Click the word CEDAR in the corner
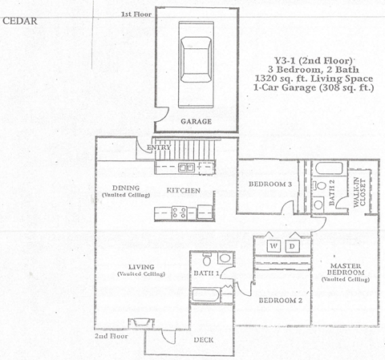17,22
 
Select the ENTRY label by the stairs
157,148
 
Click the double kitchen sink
186,167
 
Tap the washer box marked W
274,245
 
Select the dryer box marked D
293,245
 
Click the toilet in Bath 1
207,260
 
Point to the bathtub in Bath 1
210,294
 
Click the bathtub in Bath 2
327,170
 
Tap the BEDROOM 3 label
267,184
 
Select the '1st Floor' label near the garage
136,14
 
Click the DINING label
126,189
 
